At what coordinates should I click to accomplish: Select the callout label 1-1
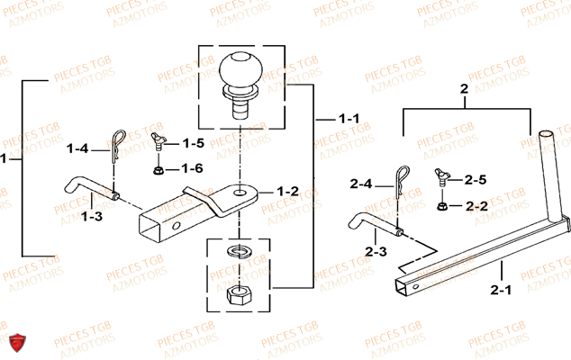coord(349,119)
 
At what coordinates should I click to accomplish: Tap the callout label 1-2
coord(287,191)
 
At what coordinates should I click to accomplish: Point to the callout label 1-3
coord(90,216)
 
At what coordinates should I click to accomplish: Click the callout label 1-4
coord(78,149)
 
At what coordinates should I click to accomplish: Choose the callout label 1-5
coord(193,143)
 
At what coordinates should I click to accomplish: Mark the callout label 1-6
coord(192,168)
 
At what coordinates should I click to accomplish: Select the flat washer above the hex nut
coord(240,249)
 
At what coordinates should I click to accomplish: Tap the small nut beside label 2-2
coord(443,206)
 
